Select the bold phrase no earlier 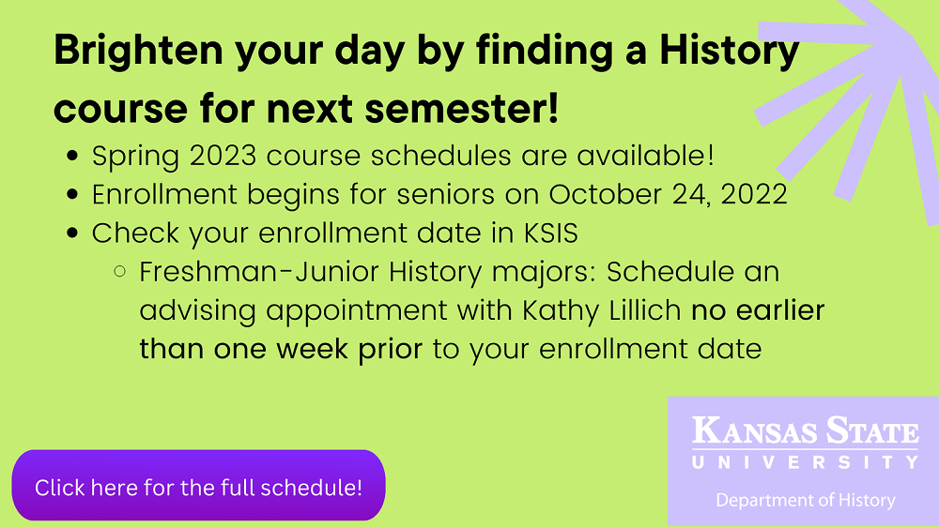758,310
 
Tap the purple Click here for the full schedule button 198,487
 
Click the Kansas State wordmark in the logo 805,433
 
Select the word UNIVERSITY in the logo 805,462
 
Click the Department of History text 805,500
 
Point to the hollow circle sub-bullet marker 119,273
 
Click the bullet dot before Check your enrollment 75,234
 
